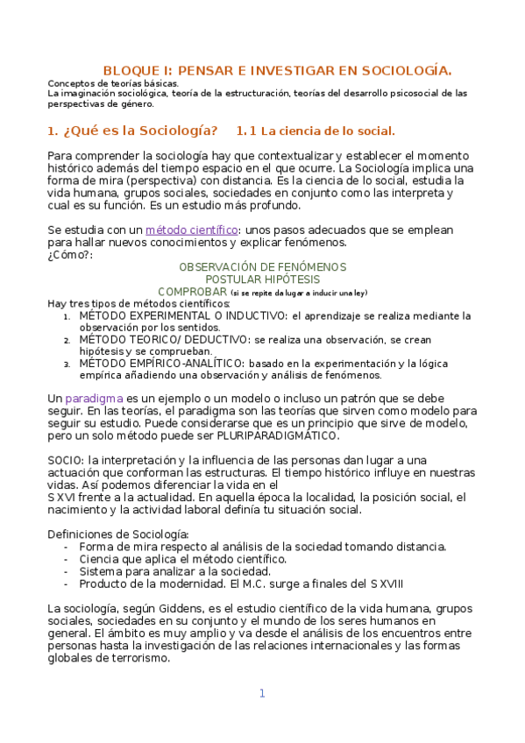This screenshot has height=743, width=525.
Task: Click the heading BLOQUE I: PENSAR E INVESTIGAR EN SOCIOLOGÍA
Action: tap(277, 70)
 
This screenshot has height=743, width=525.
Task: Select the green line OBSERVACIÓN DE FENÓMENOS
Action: tap(262, 266)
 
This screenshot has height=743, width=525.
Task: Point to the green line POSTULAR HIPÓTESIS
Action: tap(262, 279)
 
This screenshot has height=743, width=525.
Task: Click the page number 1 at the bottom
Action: tap(261, 693)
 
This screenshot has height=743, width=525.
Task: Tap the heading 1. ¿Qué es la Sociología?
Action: tap(132, 131)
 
